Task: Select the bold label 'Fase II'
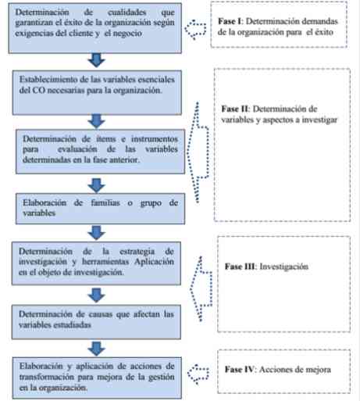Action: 235,109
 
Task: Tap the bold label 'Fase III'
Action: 241,267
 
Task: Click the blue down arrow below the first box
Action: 96,60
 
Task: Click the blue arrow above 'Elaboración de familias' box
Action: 96,185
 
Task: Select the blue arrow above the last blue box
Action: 96,349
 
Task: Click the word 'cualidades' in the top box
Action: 127,12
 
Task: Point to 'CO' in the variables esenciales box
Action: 38,90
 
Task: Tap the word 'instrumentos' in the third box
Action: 155,139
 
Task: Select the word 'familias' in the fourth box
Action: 105,202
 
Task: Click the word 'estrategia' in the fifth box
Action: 137,252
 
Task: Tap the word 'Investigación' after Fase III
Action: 283,267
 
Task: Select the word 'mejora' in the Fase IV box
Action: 318,370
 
